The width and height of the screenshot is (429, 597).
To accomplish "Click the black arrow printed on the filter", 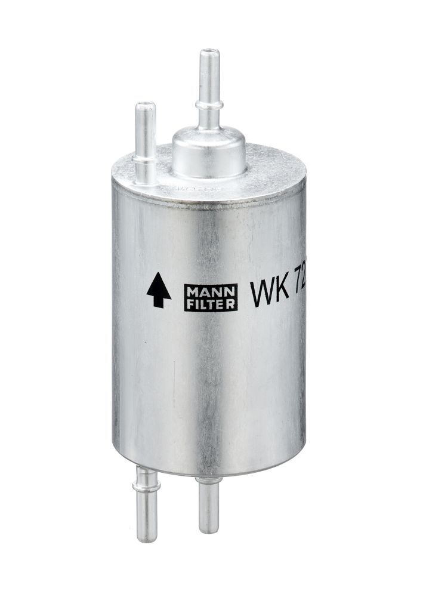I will (158, 290).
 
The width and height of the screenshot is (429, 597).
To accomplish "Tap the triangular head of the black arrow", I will (158, 283).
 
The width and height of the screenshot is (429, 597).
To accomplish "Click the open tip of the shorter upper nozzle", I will (145, 106).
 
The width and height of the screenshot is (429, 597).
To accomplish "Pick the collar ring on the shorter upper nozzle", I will (144, 159).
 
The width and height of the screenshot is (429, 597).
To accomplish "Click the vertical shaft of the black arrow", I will (158, 298).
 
